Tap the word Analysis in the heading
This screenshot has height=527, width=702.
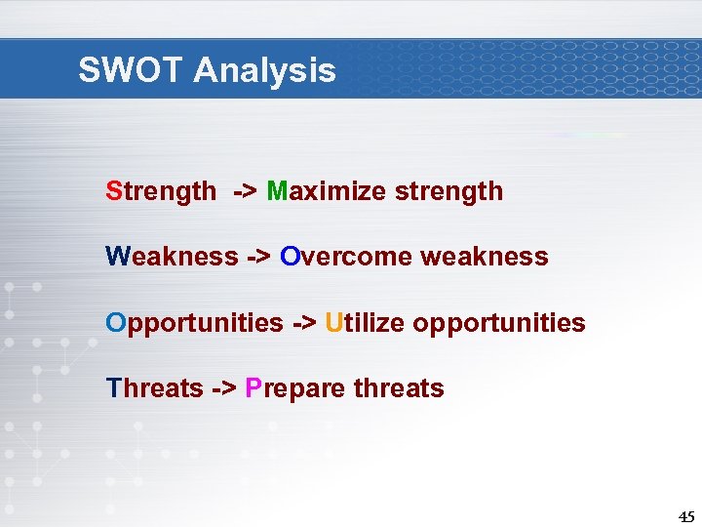(264, 70)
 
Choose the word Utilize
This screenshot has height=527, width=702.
(365, 322)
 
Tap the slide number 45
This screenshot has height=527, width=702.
(685, 517)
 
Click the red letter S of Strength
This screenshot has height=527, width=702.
(113, 191)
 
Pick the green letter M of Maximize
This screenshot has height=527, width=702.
(276, 191)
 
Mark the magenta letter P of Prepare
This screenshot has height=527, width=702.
(253, 388)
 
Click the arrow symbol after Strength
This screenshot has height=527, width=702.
(245, 191)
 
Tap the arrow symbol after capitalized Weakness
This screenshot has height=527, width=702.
(258, 257)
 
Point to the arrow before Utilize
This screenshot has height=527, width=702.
(303, 322)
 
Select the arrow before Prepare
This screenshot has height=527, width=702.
(223, 388)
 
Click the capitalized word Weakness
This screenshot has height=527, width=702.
(172, 257)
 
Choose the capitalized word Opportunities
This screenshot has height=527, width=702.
(194, 322)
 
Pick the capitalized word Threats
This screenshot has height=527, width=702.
(154, 388)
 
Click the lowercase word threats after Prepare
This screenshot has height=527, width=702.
(399, 388)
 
